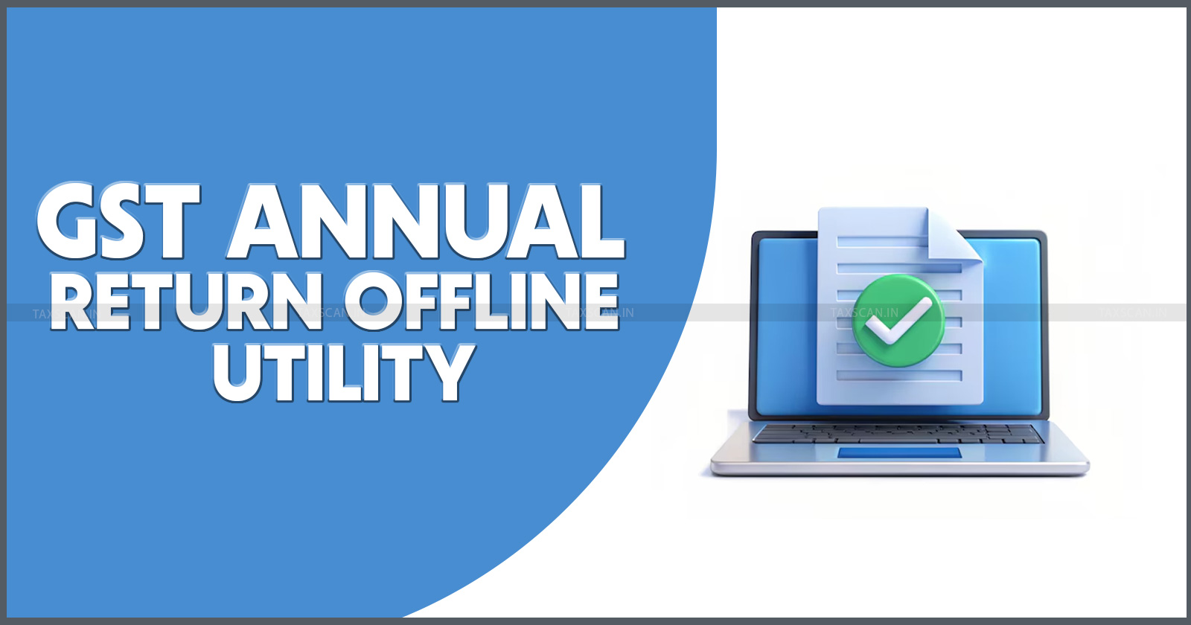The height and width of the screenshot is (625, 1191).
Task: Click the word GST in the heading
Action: pos(119,220)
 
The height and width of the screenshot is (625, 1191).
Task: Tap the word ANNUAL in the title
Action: pos(426,220)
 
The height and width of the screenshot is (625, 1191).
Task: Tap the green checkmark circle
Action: pos(898,321)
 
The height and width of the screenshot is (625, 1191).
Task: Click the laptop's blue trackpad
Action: pos(899,453)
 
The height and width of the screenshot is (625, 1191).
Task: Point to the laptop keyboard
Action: pos(898,433)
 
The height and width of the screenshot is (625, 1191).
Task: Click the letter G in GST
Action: pos(68,221)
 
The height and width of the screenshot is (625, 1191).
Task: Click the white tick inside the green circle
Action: pos(898,321)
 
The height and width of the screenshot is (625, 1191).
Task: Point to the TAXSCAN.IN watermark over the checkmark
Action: pos(864,312)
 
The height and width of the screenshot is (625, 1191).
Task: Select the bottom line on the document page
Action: pos(899,376)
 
